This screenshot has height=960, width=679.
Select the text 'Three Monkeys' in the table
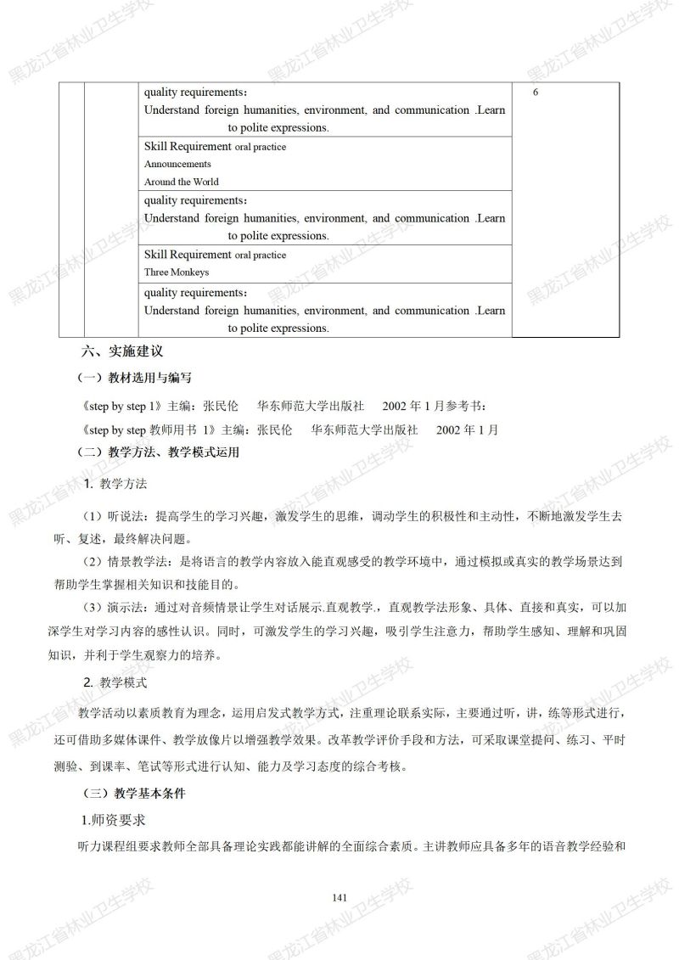[x=177, y=272]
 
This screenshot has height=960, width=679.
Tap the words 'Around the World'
[x=181, y=182]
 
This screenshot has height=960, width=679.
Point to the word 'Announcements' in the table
[x=177, y=164]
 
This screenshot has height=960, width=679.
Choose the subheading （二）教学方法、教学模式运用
[x=159, y=452]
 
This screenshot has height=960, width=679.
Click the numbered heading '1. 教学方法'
[x=116, y=484]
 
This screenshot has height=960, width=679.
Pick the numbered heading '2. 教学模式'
[x=116, y=682]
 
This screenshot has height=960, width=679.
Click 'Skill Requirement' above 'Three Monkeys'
[x=188, y=255]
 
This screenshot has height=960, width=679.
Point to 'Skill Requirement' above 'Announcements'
[x=188, y=146]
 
